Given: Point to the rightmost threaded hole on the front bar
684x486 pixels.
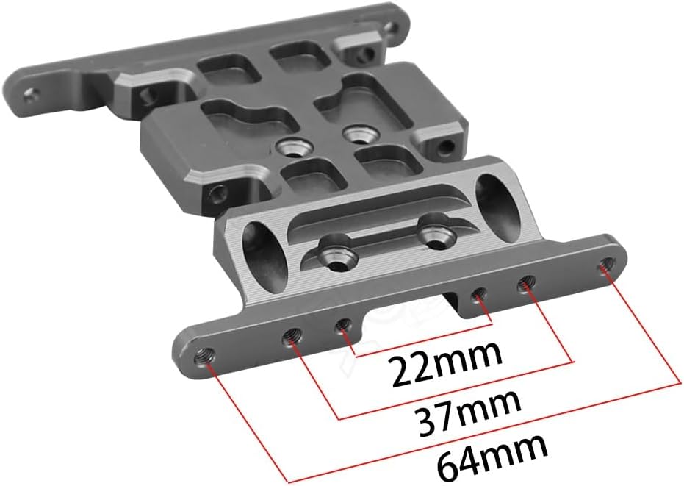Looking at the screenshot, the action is click(606, 264).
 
